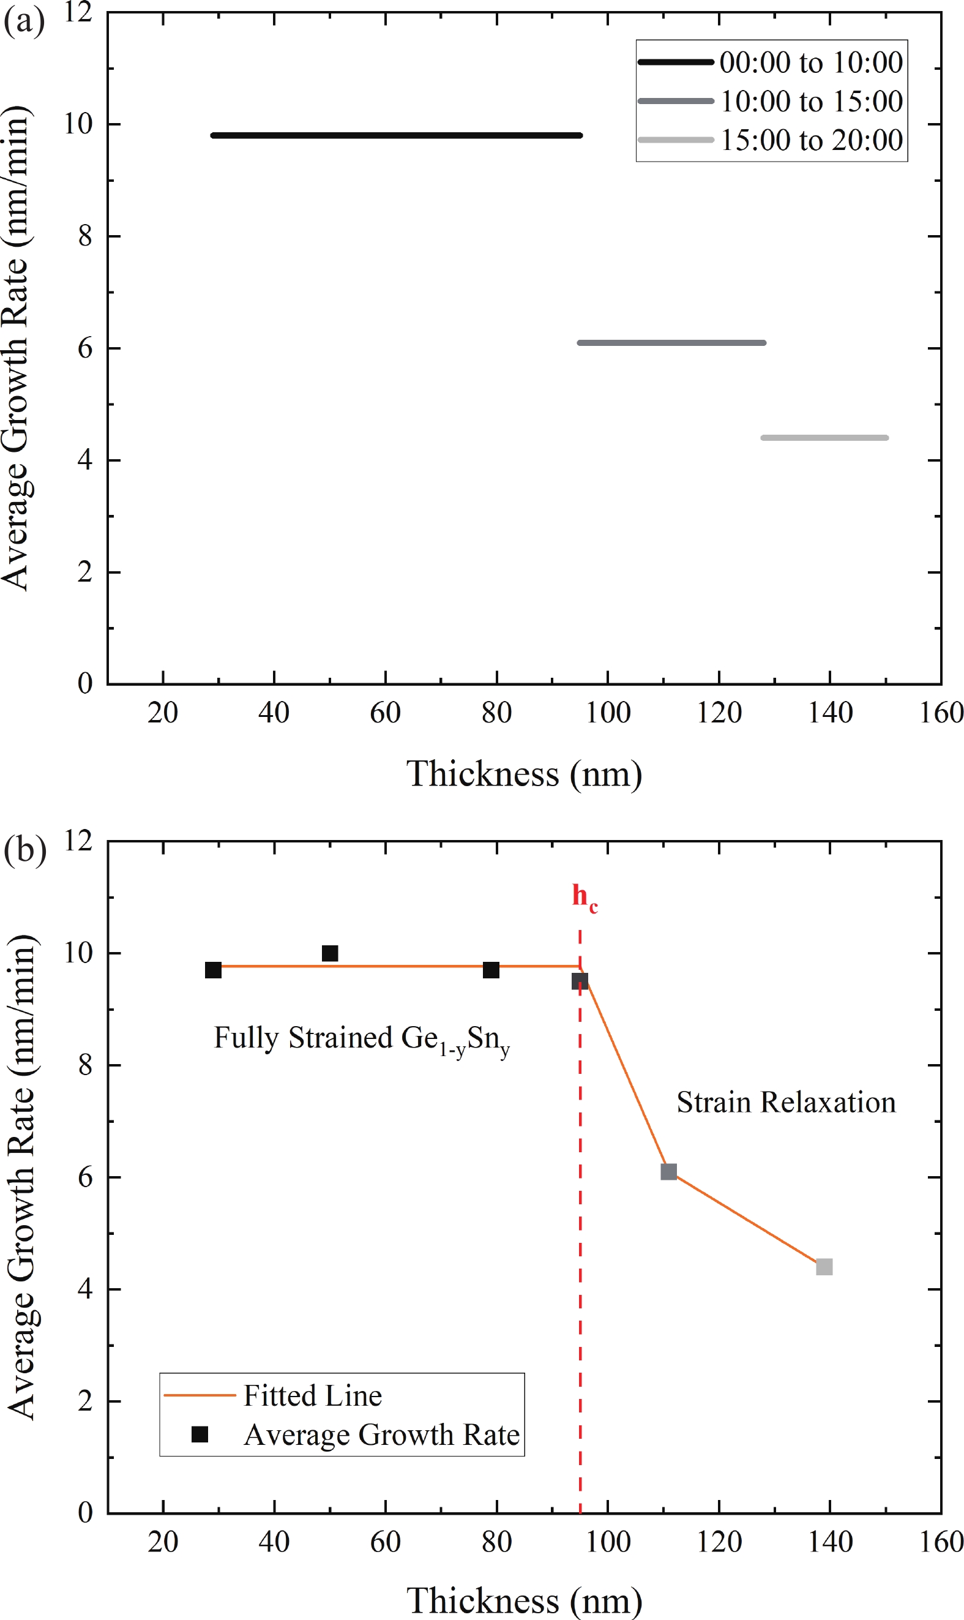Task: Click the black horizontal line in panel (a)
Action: point(396,135)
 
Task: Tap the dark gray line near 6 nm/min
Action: point(671,342)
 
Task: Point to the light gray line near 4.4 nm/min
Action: point(824,438)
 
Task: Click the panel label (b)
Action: point(24,850)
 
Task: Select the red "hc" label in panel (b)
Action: point(584,897)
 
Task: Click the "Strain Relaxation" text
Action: point(786,1103)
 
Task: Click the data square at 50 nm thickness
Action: point(330,953)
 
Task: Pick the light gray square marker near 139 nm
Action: point(824,1267)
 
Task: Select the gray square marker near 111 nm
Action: point(668,1172)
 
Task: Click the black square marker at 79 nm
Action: point(491,970)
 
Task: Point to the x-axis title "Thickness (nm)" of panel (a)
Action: point(524,774)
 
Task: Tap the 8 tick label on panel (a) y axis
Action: point(85,236)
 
